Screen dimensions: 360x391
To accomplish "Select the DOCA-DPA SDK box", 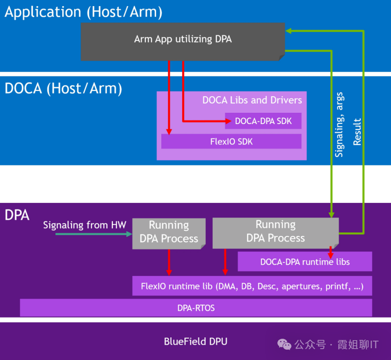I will coord(263,121).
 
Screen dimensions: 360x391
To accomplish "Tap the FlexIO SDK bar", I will coord(231,141).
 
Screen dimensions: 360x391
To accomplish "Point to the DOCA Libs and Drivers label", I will coord(252,100).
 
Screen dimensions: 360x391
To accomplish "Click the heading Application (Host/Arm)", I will coord(83,12).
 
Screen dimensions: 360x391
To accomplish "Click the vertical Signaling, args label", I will coord(339,125).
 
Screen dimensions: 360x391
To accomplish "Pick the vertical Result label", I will coord(358,132).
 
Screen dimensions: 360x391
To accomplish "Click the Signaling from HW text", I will coord(85,225).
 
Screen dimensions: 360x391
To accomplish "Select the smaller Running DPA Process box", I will coord(169,232).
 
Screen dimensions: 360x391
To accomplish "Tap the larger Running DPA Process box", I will coord(275,232).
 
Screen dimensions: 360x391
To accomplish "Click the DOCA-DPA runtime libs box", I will coord(305,261).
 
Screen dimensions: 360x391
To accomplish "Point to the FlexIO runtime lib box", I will coord(252,286).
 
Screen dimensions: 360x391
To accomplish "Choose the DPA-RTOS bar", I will coord(196,308).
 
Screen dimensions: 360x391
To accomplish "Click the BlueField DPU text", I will coord(195,341).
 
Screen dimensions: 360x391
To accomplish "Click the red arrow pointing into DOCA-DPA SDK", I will coord(203,121).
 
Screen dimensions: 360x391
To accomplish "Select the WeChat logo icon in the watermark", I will coord(284,344).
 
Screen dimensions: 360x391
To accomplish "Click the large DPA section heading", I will coord(17,216).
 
